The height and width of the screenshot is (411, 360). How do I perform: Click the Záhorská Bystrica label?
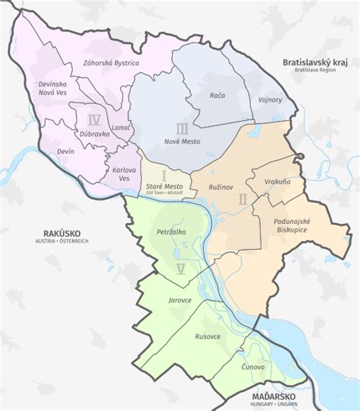click(111, 63)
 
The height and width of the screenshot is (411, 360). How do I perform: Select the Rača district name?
click(218, 96)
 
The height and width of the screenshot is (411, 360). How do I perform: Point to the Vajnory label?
click(269, 100)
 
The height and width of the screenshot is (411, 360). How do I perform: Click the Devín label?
click(65, 152)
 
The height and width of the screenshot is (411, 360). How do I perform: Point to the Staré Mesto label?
click(163, 186)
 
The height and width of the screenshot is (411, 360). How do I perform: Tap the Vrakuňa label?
click(278, 183)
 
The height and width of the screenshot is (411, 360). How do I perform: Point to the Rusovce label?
click(208, 335)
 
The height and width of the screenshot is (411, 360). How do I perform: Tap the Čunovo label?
click(253, 367)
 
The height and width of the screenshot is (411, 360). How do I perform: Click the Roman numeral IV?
click(94, 119)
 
